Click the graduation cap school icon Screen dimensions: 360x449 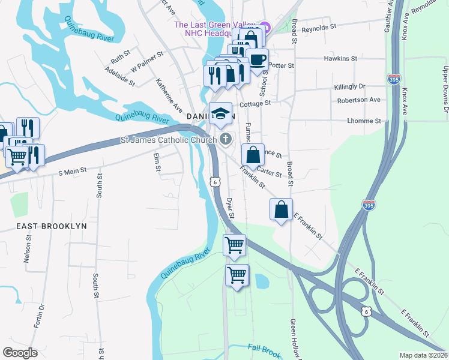click(221, 113)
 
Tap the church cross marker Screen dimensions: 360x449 click(226, 140)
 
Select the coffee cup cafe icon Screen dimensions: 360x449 click(258, 60)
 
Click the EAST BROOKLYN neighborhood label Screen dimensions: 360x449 click(52, 226)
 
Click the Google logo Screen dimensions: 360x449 click(20, 353)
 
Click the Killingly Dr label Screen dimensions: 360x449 click(350, 87)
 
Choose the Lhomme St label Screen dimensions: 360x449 click(364, 121)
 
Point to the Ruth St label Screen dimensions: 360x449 click(120, 57)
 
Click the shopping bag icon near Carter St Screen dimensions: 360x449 click(253, 155)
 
